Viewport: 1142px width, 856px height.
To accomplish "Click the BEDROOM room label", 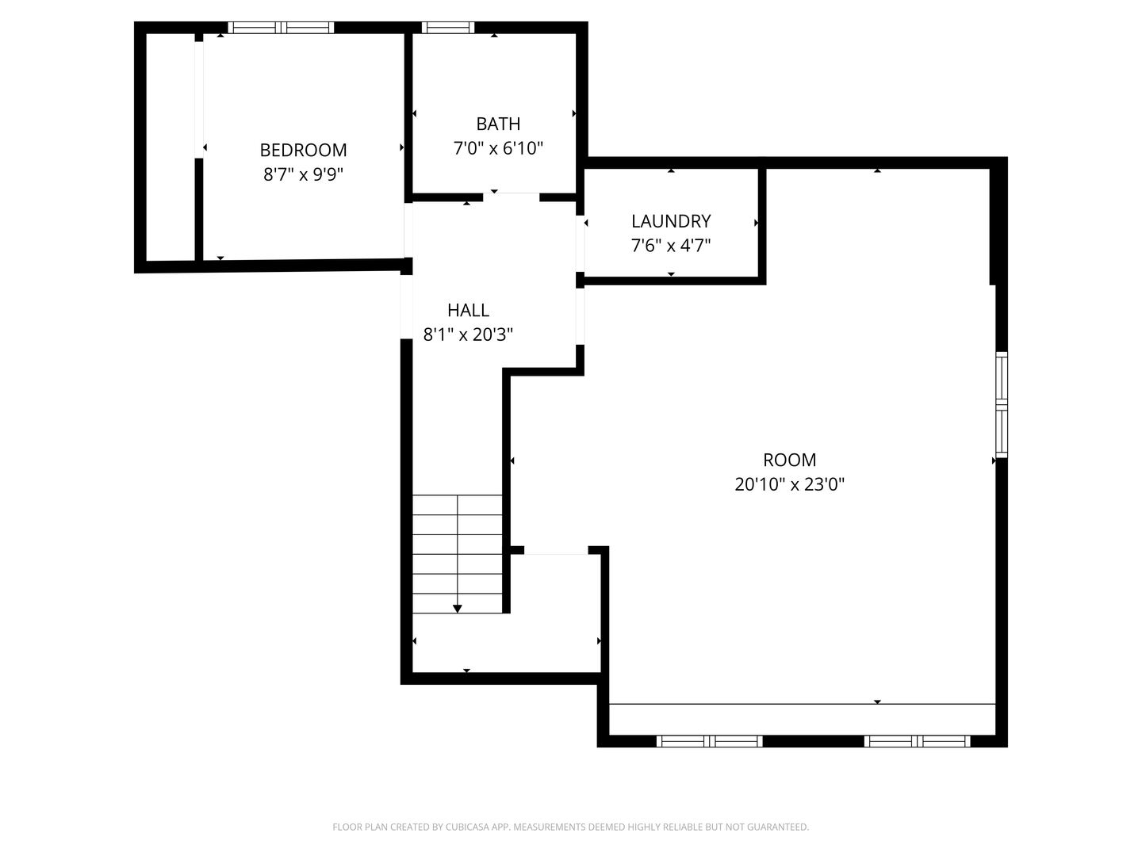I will (303, 150).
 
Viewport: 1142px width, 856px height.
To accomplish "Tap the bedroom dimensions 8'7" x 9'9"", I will (303, 174).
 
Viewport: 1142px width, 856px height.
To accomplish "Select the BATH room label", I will (498, 124).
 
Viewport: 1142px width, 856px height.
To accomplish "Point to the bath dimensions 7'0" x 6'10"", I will (498, 148).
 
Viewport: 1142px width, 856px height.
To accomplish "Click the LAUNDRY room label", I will (671, 221).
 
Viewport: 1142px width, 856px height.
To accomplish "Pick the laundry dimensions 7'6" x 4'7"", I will (671, 246).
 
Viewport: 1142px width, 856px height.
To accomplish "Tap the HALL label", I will (468, 310).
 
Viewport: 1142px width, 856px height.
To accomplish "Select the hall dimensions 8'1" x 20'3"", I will (468, 334).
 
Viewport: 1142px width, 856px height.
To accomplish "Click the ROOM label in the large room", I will (789, 460).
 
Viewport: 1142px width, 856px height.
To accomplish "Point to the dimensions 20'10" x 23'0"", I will (789, 484).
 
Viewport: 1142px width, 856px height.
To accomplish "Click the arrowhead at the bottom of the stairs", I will (458, 608).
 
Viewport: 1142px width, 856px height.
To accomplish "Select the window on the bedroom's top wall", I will (281, 28).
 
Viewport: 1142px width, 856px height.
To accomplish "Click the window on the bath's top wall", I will (448, 28).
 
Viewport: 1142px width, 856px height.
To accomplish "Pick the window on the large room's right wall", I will (1002, 405).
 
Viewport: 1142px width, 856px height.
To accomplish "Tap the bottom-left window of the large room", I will (709, 741).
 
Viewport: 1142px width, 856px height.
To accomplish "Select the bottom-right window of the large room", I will (917, 741).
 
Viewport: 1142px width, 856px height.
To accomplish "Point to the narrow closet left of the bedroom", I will (171, 147).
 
